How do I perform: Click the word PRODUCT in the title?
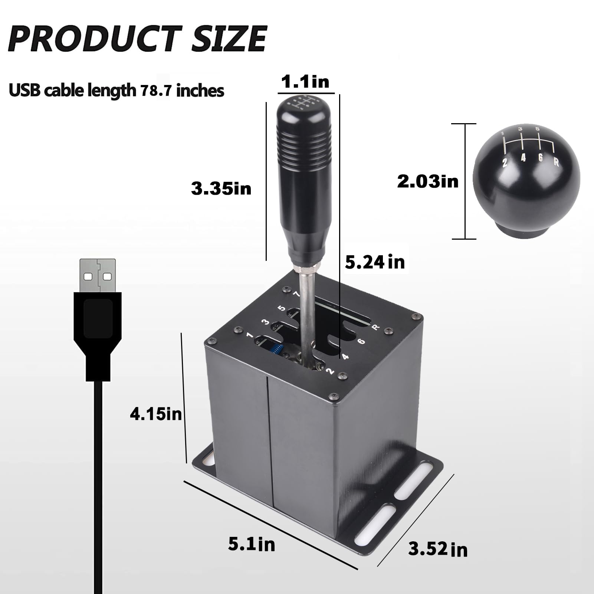pos(95,39)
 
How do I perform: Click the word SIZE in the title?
pos(229,39)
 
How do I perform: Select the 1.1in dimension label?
pos(305,82)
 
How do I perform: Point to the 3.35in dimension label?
pos(221,188)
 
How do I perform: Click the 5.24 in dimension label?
pos(375,262)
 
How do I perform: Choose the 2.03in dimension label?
pos(427,182)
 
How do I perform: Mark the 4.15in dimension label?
pos(156,414)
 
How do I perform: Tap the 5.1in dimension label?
pos(252,544)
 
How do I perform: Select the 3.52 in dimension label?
pos(438,549)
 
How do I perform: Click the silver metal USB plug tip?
pos(98,275)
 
